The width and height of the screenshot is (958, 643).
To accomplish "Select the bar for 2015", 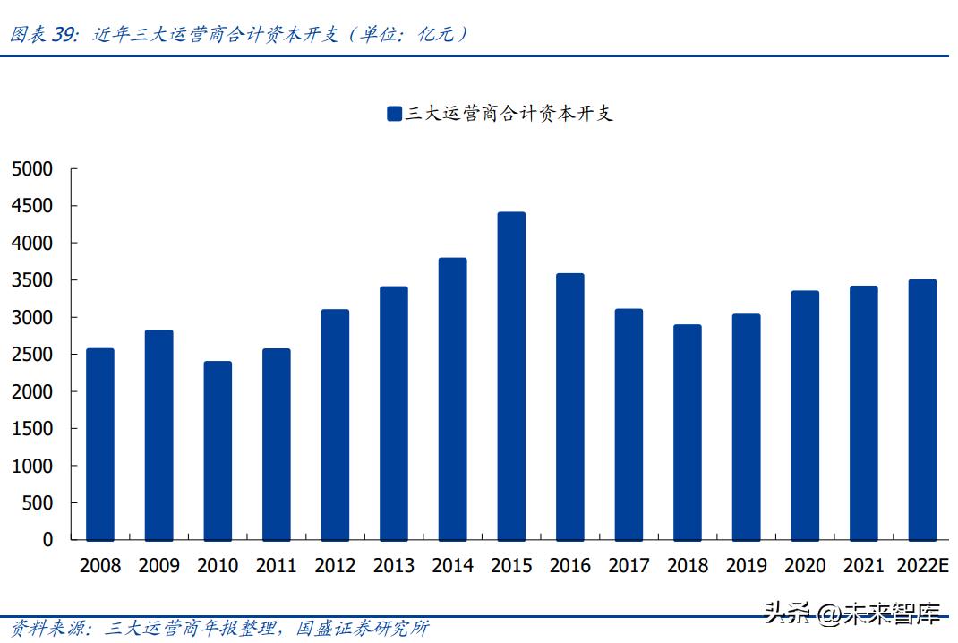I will [x=511, y=376].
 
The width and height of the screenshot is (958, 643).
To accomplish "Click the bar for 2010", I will [x=218, y=450].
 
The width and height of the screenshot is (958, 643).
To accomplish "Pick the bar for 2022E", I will [x=922, y=410].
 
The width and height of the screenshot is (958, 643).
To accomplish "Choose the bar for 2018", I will [x=688, y=433].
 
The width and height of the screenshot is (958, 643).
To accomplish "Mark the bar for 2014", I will [x=452, y=399].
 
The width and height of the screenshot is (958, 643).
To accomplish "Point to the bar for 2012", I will [x=335, y=424].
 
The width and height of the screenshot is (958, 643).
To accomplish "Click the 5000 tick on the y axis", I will [x=32, y=169].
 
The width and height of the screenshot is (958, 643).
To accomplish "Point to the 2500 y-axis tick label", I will [x=32, y=355].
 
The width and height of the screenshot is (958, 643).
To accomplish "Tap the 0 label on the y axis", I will [x=47, y=540].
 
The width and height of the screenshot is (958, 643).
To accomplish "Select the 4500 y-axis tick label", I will [x=32, y=206].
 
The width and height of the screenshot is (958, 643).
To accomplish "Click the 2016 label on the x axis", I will [x=570, y=566].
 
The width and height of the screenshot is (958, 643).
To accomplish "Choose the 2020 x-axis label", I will [x=805, y=566].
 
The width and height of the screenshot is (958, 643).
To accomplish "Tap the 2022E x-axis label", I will [x=922, y=566].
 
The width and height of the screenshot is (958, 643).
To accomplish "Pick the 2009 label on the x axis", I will [x=159, y=566].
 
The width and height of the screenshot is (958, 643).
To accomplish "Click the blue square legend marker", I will [x=394, y=114].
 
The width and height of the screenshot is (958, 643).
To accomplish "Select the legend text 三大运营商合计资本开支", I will [x=509, y=114].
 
